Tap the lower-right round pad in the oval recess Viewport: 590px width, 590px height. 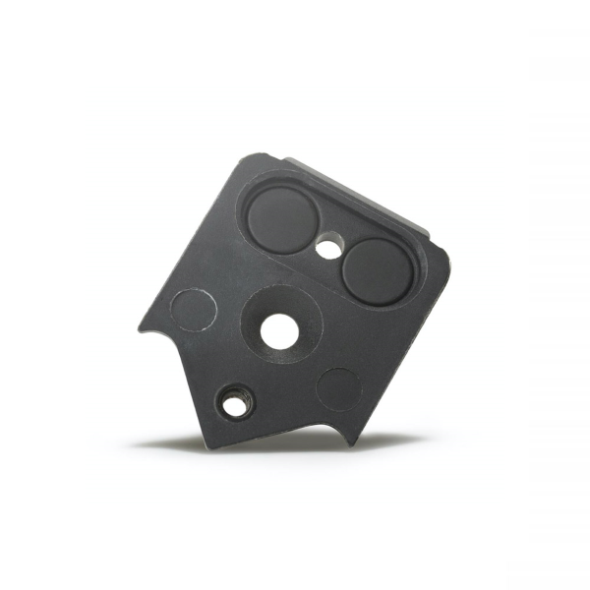pos(377,268)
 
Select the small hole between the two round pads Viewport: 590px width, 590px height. pos(329,249)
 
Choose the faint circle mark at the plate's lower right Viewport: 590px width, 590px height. pos(339,389)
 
